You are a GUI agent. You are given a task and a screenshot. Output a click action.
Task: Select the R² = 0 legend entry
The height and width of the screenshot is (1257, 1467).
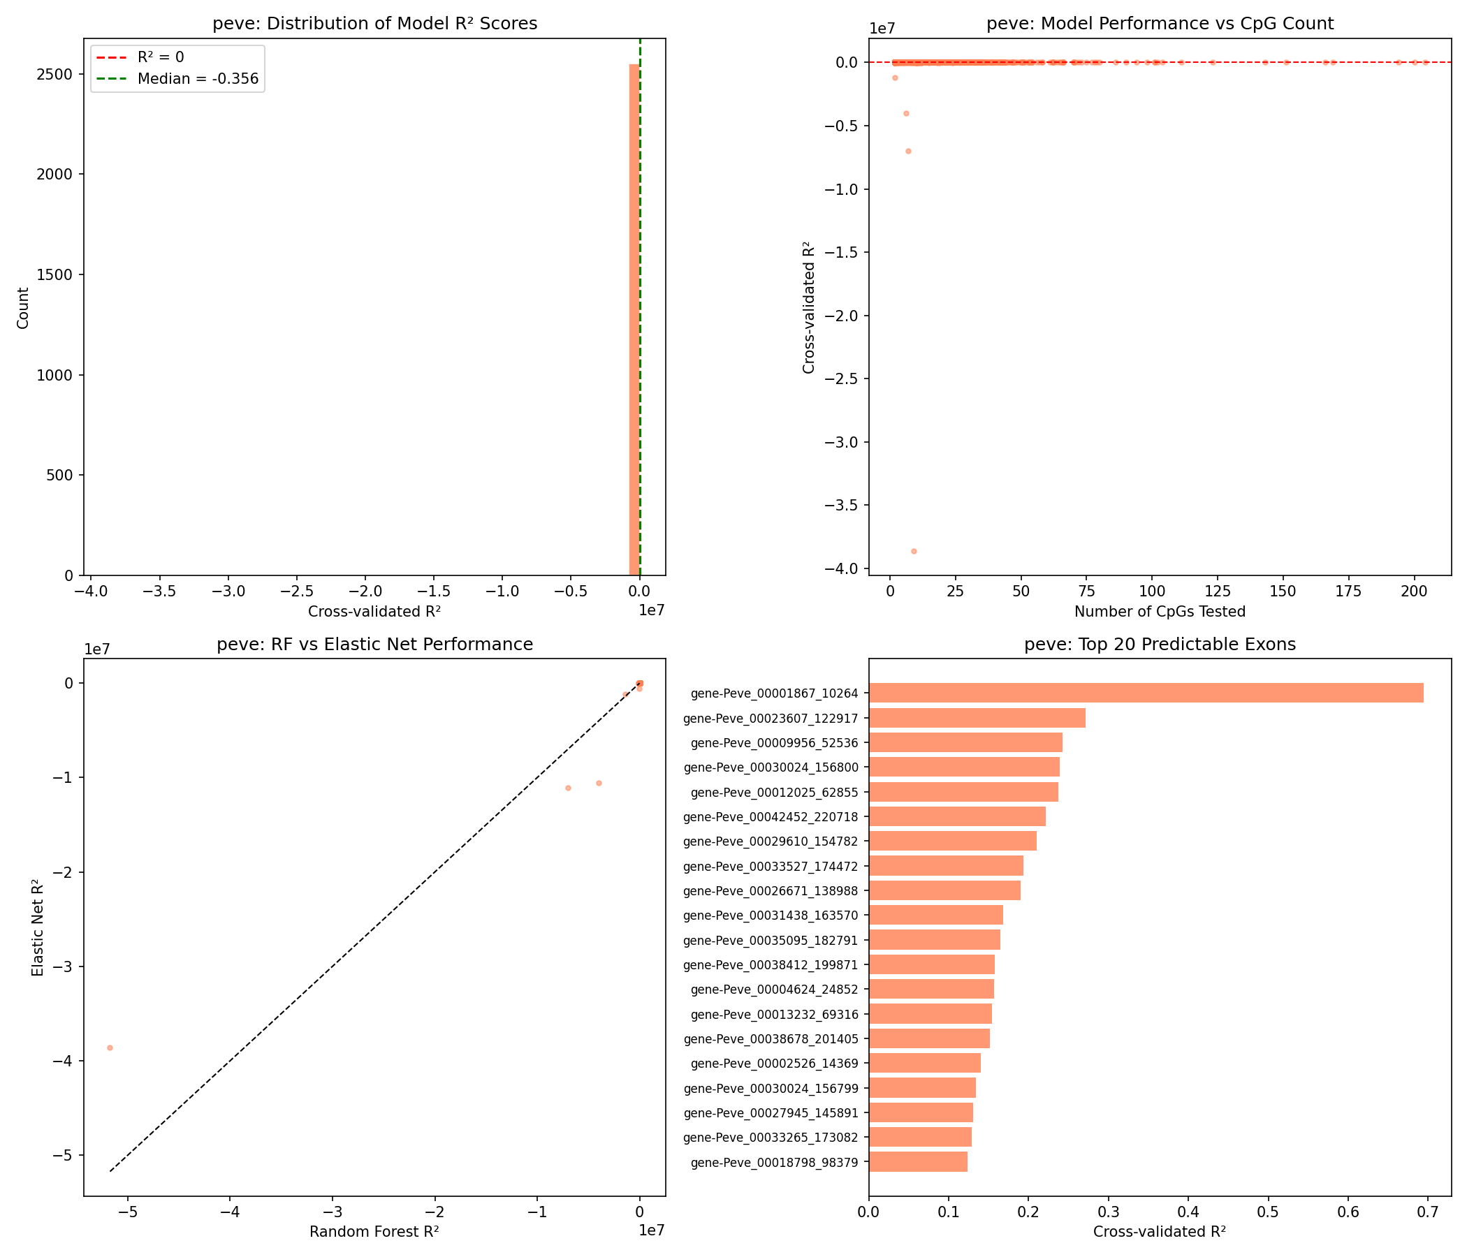pyautogui.click(x=161, y=57)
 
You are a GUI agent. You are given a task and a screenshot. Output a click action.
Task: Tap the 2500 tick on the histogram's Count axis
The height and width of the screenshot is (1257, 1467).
pyautogui.click(x=58, y=74)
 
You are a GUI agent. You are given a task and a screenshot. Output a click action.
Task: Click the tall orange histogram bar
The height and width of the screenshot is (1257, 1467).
pyautogui.click(x=634, y=318)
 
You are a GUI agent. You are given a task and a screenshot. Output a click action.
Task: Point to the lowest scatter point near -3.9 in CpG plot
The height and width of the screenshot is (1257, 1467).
pyautogui.click(x=913, y=552)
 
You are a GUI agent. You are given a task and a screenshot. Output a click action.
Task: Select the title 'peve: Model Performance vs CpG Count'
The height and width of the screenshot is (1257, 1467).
pyautogui.click(x=1160, y=24)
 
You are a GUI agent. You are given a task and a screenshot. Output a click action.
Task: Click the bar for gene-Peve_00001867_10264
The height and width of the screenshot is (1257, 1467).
pyautogui.click(x=1146, y=693)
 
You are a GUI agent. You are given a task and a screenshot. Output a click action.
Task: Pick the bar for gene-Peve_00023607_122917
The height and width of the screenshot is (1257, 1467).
pyautogui.click(x=977, y=718)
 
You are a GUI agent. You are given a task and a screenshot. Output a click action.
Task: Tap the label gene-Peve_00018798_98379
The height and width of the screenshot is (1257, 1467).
pyautogui.click(x=774, y=1161)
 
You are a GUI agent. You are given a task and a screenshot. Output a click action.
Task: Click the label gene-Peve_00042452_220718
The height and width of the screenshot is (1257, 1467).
pyautogui.click(x=771, y=817)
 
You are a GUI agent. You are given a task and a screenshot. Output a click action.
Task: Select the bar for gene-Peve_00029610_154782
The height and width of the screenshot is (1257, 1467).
pyautogui.click(x=952, y=841)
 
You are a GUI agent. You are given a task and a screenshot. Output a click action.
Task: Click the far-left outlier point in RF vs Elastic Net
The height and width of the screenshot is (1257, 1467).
pyautogui.click(x=110, y=1047)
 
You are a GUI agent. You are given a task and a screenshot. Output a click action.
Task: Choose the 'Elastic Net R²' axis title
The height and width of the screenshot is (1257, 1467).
pyautogui.click(x=38, y=928)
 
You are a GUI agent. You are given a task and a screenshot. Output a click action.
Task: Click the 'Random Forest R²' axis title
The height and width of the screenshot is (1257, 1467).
pyautogui.click(x=374, y=1232)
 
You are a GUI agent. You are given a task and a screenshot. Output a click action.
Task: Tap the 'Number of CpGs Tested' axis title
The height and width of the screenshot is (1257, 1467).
pyautogui.click(x=1160, y=611)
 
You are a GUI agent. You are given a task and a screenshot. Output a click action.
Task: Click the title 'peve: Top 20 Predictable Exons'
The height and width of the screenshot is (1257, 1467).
pyautogui.click(x=1160, y=644)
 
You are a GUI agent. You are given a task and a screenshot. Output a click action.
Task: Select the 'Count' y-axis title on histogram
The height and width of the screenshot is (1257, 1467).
pyautogui.click(x=23, y=307)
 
